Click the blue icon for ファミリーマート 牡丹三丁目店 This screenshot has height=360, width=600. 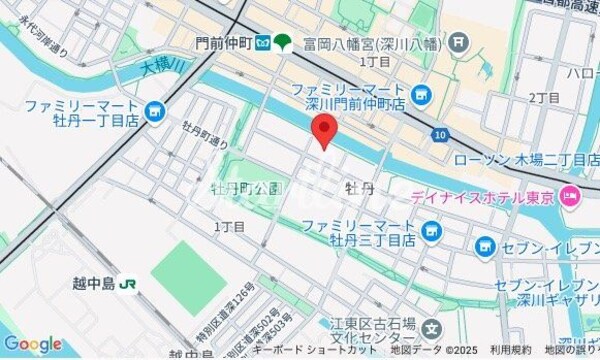432,234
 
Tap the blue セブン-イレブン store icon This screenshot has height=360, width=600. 485,245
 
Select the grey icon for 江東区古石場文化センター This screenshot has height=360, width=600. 431,326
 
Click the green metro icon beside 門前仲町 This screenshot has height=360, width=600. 282,42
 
